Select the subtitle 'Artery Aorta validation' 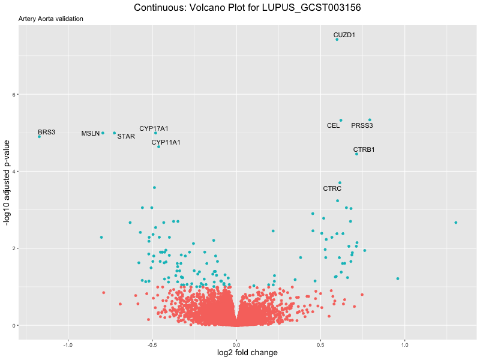pos(51,19)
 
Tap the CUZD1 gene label pos(344,35)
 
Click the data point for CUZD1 pos(337,40)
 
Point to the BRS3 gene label pos(46,132)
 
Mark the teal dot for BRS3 pos(40,137)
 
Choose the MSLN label pos(91,133)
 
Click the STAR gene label pos(126,136)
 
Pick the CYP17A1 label pos(154,128)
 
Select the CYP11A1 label pos(166,142)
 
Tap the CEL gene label pos(333,126)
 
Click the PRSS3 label pos(362,126)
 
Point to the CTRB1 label pos(364,149)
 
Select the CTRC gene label pos(332,188)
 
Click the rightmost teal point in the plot pos(456,223)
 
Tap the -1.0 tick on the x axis pos(68,344)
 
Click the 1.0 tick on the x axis pos(405,344)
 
